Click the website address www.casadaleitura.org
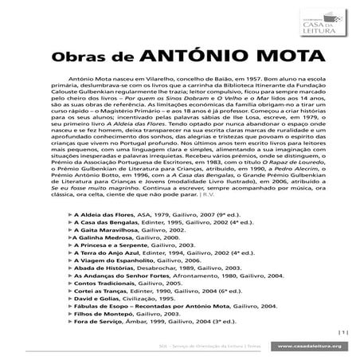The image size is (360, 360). click(x=311, y=346)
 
